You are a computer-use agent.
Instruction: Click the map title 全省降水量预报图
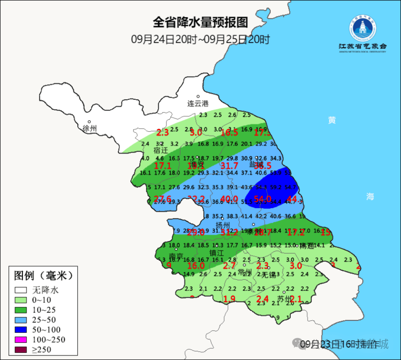(x=200, y=23)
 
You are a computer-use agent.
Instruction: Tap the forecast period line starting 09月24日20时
(x=200, y=39)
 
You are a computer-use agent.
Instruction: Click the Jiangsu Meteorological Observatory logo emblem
(x=362, y=29)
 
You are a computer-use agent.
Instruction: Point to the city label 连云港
(x=198, y=104)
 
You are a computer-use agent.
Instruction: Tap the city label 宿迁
(x=161, y=150)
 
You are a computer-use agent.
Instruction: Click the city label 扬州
(x=223, y=225)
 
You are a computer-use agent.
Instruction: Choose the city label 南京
(x=176, y=256)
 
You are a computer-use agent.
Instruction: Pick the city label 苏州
(x=285, y=299)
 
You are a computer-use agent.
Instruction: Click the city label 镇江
(x=216, y=253)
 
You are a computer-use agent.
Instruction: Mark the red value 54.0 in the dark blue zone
(x=262, y=199)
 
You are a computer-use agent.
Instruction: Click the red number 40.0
(x=229, y=199)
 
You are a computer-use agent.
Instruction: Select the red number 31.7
(x=229, y=165)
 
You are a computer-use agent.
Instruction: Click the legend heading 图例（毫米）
(x=43, y=276)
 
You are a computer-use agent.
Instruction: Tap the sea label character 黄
(x=332, y=120)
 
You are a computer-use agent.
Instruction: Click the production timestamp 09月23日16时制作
(x=340, y=344)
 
